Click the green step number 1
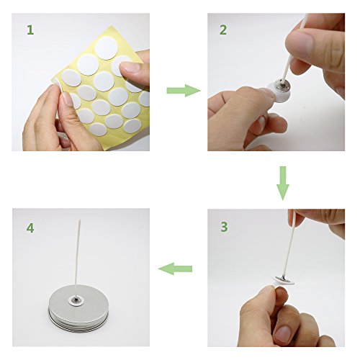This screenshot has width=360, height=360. click(x=30, y=30)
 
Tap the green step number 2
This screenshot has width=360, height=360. click(x=223, y=30)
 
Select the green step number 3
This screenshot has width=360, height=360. click(x=224, y=227)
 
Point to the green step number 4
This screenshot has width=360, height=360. click(x=30, y=228)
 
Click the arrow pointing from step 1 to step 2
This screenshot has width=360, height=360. click(x=184, y=91)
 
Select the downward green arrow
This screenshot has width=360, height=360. click(x=283, y=183)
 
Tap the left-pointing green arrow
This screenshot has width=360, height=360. click(x=175, y=269)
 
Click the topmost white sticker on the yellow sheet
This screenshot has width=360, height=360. click(x=106, y=48)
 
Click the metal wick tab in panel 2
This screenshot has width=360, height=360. click(x=283, y=86)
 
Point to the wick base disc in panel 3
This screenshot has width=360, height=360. click(x=283, y=280)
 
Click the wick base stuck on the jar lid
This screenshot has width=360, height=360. click(x=76, y=300)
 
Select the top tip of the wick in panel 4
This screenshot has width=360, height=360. click(x=80, y=220)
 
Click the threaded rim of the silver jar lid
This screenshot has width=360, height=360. click(x=78, y=321)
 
